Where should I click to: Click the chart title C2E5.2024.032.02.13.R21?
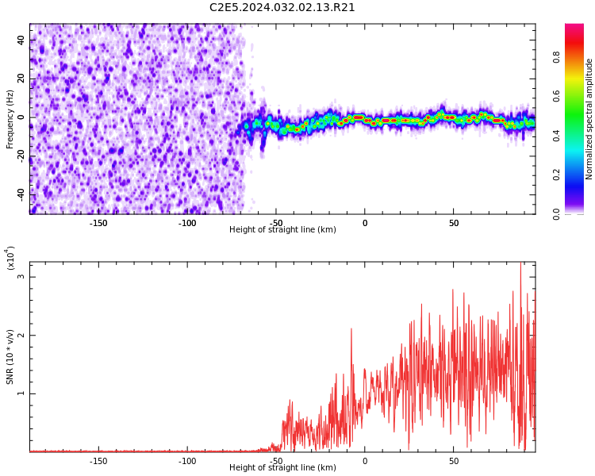[x=282, y=8]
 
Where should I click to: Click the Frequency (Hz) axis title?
[x=10, y=119]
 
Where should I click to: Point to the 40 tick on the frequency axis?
[x=21, y=40]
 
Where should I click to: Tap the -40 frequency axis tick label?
[x=21, y=194]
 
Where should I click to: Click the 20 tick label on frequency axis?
[x=21, y=79]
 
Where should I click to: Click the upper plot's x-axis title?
[x=282, y=229]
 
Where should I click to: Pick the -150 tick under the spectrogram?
[x=98, y=223]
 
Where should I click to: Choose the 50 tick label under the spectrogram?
[x=454, y=223]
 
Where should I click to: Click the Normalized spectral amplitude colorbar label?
[x=589, y=119]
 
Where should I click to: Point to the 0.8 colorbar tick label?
[x=556, y=58]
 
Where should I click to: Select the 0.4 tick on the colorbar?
[x=556, y=136]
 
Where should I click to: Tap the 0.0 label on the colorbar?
[x=556, y=213]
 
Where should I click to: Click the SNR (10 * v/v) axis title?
[x=10, y=356]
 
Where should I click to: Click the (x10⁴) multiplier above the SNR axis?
[x=10, y=258]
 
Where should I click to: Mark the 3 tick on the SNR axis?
[x=21, y=276]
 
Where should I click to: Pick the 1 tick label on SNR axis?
[x=21, y=393]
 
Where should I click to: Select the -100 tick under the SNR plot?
[x=187, y=461]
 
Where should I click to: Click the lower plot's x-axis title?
[x=282, y=467]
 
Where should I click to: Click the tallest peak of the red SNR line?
[x=520, y=263]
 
